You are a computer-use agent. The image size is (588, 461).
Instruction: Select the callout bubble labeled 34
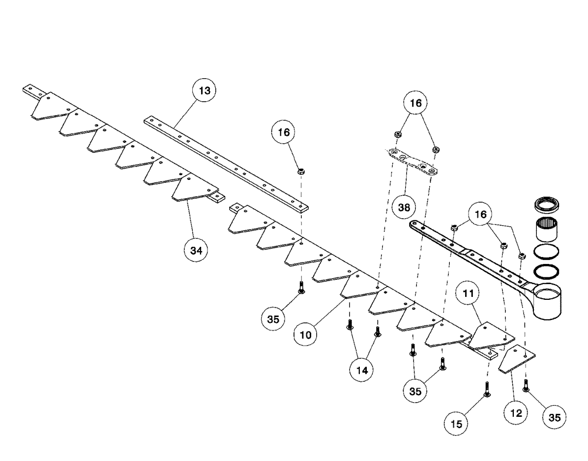[x=196, y=250]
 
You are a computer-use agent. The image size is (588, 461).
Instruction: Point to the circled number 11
[x=472, y=292]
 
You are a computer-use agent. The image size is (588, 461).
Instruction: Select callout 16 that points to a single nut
[x=284, y=133]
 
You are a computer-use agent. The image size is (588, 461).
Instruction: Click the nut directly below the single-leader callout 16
[x=300, y=172]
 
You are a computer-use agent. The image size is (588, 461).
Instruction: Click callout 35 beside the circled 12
[x=553, y=418]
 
